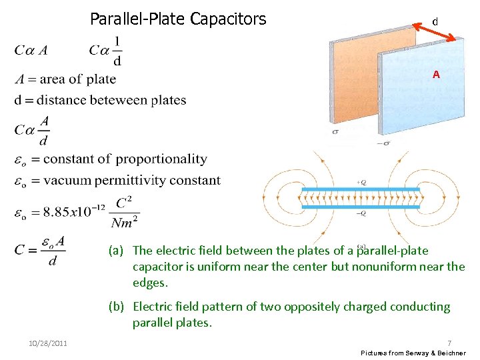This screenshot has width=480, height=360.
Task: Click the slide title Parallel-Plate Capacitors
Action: tap(178, 19)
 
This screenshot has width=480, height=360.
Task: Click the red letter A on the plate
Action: tap(436, 75)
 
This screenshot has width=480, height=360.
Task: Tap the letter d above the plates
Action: tap(435, 22)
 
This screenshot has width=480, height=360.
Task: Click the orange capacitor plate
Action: tap(354, 80)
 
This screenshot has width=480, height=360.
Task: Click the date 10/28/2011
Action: tap(47, 343)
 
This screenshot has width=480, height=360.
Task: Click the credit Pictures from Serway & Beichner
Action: tap(413, 352)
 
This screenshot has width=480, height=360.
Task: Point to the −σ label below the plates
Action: tap(384, 142)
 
